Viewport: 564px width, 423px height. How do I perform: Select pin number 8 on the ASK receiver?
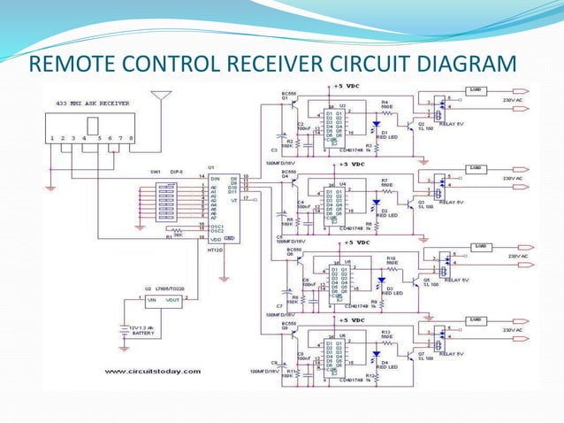(131, 138)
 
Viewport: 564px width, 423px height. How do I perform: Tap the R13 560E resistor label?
(386, 334)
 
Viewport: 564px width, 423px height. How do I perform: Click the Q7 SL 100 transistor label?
(426, 355)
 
